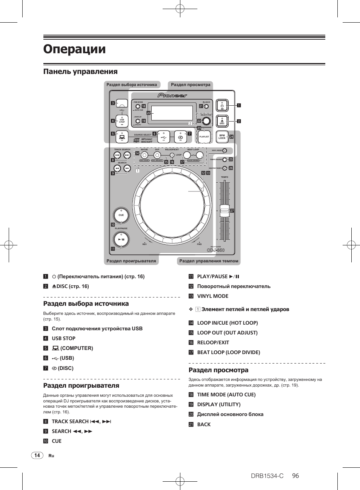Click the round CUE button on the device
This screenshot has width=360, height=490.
coord(121,215)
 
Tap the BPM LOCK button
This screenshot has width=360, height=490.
coord(222,137)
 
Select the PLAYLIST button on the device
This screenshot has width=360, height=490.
coord(204,137)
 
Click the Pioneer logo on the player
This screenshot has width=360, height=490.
coord(172,96)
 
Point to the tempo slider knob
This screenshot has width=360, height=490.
coord(225,211)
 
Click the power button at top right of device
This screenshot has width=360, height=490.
coord(222,106)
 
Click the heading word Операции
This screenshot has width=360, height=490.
coord(74,49)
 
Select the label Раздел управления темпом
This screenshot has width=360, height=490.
coord(209,261)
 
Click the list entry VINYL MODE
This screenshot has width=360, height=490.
coord(212,296)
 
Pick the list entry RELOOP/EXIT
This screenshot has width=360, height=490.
coord(213,343)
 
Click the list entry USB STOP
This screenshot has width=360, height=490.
coord(63,339)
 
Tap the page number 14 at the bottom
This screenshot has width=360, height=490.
coord(37,455)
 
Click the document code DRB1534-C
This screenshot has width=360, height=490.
coord(267,476)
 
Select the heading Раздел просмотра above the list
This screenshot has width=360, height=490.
coord(218,370)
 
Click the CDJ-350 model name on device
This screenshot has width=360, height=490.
coord(215,250)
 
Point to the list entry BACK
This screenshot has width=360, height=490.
coord(204,424)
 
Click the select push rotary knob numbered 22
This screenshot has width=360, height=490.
coord(206,121)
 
